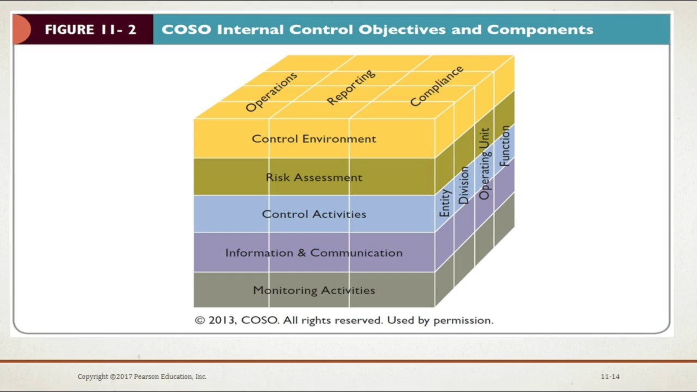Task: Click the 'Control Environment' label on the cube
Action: [314, 139]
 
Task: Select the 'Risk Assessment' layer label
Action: [314, 177]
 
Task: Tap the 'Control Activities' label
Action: [314, 215]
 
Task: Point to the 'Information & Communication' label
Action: [314, 253]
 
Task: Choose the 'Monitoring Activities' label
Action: [314, 291]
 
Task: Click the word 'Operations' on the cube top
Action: [271, 92]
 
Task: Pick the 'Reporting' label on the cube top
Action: [351, 88]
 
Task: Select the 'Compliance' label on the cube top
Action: [436, 86]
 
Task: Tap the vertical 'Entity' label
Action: [445, 203]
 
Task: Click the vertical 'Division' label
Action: [463, 185]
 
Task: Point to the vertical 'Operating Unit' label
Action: [484, 164]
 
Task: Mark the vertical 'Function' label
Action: [505, 146]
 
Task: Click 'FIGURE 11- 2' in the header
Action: [90, 29]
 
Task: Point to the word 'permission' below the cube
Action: [462, 320]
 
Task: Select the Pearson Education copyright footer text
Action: [142, 377]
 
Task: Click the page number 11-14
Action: [610, 377]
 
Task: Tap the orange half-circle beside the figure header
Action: [21, 29]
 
